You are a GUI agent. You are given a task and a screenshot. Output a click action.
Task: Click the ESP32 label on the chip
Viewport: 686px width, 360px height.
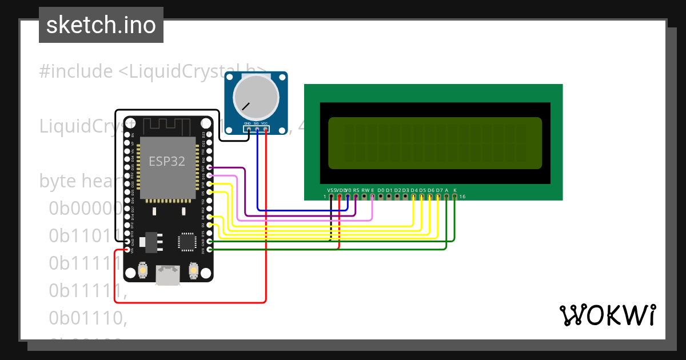[167, 161]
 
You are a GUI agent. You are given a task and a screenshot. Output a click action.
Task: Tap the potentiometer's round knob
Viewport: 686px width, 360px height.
[254, 97]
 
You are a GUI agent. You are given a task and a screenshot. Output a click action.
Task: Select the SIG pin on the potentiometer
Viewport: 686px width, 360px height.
[257, 129]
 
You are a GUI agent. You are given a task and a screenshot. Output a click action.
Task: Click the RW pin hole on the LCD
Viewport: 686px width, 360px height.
[364, 197]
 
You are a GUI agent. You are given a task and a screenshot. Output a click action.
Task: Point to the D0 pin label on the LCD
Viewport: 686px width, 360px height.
[381, 190]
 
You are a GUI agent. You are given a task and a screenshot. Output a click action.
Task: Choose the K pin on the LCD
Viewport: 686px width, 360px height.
[454, 197]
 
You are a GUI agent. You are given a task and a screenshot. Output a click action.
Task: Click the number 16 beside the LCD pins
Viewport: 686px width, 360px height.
[462, 197]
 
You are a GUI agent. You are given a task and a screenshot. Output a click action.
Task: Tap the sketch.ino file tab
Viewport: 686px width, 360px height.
[101, 25]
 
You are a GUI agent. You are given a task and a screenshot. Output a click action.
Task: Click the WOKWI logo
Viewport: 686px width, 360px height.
[607, 315]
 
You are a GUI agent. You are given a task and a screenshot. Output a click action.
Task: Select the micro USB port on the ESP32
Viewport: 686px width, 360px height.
[167, 275]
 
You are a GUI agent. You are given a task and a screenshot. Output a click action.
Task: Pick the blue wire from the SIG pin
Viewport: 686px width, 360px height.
[258, 171]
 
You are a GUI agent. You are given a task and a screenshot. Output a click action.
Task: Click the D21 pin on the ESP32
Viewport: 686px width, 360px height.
[210, 168]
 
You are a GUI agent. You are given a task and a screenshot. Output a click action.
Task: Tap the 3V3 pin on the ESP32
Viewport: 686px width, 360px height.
[210, 250]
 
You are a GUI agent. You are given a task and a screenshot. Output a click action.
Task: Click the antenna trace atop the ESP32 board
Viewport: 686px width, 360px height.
[166, 125]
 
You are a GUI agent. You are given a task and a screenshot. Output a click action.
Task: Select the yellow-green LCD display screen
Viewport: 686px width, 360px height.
[435, 143]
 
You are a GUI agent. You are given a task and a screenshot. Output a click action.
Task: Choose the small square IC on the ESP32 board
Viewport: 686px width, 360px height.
[186, 241]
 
